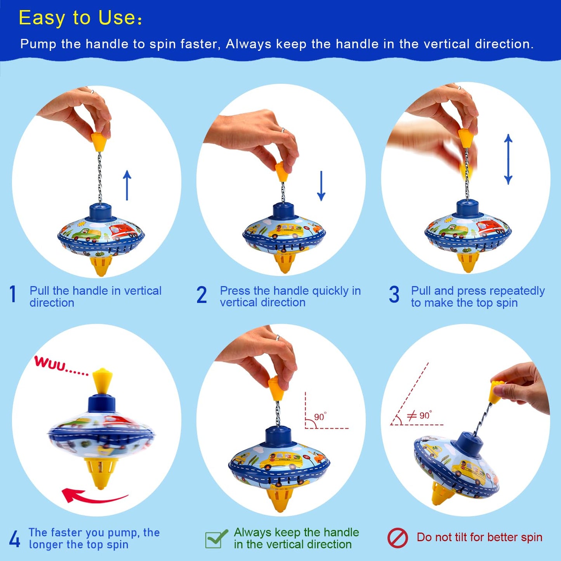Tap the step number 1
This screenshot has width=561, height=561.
(x=13, y=294)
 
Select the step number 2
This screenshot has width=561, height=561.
(x=201, y=295)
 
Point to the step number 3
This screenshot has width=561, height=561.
(x=394, y=295)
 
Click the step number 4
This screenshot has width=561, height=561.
(x=14, y=539)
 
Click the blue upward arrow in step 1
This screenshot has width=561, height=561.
(x=127, y=185)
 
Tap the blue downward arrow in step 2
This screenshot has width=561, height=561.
(x=321, y=186)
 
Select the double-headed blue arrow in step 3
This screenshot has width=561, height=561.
(x=508, y=159)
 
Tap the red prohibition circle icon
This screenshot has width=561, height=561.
(x=398, y=538)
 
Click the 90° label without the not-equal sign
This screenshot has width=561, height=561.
(x=320, y=417)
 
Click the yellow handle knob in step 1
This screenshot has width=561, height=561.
(x=99, y=142)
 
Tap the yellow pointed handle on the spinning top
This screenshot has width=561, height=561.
(x=102, y=381)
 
